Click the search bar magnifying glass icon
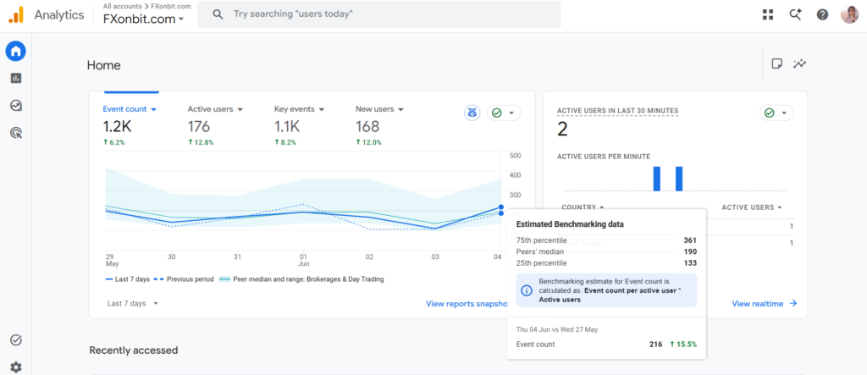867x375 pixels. (x=218, y=14)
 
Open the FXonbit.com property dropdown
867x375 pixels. (x=144, y=19)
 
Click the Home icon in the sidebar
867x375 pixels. (x=15, y=52)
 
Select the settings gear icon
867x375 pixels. (x=16, y=367)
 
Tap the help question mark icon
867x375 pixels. (x=822, y=14)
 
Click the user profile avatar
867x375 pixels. (x=849, y=14)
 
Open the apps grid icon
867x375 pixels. (x=768, y=14)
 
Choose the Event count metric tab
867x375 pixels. (x=130, y=109)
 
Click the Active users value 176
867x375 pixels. (x=198, y=127)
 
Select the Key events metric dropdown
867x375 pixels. (x=299, y=109)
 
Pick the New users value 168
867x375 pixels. (x=367, y=127)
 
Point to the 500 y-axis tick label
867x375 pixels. (x=515, y=156)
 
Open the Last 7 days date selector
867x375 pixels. (x=133, y=303)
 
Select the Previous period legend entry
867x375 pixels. (x=185, y=279)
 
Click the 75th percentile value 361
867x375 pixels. (x=689, y=240)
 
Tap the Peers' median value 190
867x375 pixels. (x=689, y=251)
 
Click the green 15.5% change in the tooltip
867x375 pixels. (x=683, y=344)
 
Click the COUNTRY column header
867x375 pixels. (x=583, y=207)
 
